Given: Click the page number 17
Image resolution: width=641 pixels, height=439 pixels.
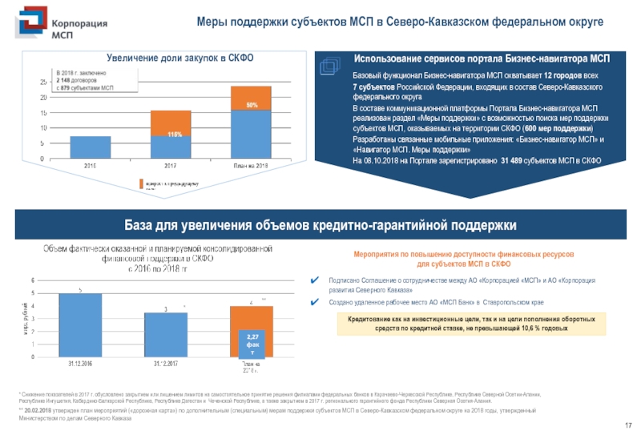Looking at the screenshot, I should pyautogui.click(x=628, y=425).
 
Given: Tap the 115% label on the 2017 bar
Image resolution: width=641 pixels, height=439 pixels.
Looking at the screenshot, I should pyautogui.click(x=171, y=134).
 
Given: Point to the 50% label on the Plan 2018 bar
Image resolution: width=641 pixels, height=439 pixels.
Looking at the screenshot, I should pyautogui.click(x=252, y=105).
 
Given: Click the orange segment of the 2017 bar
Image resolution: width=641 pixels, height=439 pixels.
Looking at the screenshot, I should pyautogui.click(x=171, y=123).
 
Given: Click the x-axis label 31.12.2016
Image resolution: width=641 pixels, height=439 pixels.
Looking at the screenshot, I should pyautogui.click(x=79, y=364).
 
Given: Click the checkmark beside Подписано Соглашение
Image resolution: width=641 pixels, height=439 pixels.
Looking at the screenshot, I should pyautogui.click(x=316, y=280).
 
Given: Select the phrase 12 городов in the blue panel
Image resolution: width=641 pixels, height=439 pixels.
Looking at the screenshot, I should pyautogui.click(x=556, y=75).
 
